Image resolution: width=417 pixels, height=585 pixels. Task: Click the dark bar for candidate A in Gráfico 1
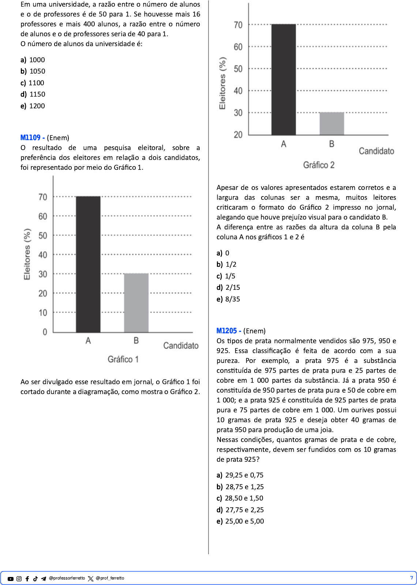(x=88, y=264)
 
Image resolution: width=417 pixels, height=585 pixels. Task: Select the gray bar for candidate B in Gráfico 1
(x=136, y=303)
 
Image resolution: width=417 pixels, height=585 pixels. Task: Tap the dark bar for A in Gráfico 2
(x=283, y=79)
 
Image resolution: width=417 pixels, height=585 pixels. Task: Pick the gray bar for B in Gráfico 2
(x=332, y=124)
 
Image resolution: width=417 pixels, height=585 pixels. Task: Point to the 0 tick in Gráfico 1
(x=45, y=332)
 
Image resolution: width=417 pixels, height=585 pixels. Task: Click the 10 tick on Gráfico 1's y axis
(x=43, y=313)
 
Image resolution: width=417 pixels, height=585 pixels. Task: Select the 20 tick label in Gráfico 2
(x=238, y=135)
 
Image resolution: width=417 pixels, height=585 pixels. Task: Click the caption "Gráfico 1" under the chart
(x=123, y=359)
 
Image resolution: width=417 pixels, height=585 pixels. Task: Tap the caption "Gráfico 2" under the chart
(x=319, y=165)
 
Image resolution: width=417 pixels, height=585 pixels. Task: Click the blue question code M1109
(x=30, y=138)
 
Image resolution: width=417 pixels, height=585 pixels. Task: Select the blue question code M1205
(x=226, y=331)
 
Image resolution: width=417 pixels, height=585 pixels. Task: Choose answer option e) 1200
(x=33, y=106)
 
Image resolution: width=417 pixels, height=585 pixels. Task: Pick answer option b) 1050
(x=33, y=71)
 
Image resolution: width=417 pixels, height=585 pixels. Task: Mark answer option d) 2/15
(x=229, y=288)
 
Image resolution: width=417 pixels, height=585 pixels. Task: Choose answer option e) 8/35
(x=229, y=299)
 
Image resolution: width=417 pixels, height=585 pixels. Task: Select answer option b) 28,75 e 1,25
(x=240, y=487)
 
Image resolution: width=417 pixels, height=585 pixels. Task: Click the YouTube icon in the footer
(x=11, y=579)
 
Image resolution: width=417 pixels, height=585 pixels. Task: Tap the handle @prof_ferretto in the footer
(x=110, y=578)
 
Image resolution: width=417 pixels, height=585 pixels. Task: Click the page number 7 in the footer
(x=412, y=578)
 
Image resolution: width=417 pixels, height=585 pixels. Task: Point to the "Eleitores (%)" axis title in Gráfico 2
(x=222, y=83)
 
